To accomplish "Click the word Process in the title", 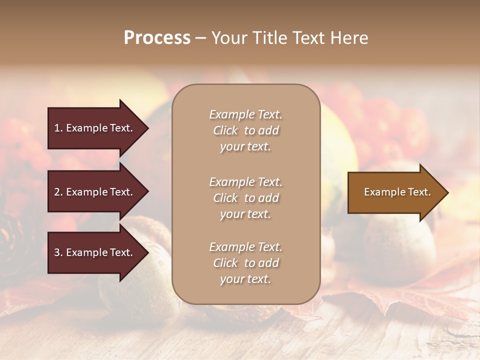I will click(x=157, y=38).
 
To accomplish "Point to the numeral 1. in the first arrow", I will click(x=58, y=128).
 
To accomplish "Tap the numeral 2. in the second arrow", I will click(x=58, y=192).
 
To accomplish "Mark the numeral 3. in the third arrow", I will click(x=58, y=252).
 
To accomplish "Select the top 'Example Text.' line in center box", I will click(x=245, y=114).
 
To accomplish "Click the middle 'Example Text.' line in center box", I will click(x=245, y=181).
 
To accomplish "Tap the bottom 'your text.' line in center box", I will click(x=245, y=279).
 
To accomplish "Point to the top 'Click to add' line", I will click(x=245, y=130).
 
